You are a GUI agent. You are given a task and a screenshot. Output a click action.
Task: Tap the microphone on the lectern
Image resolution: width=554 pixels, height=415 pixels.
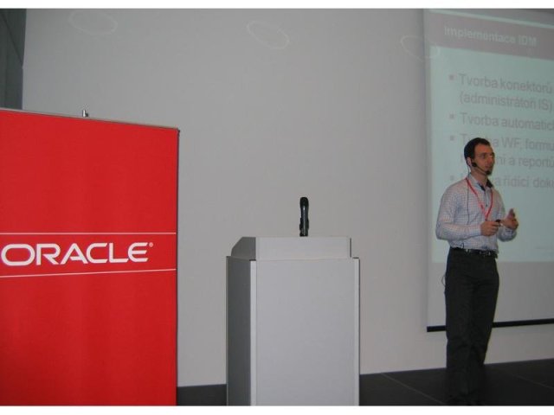tap(304, 214)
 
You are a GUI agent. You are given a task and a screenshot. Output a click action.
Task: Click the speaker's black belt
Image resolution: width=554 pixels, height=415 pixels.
tap(474, 252)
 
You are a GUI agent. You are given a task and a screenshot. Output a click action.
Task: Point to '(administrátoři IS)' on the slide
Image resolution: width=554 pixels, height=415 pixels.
tap(506, 103)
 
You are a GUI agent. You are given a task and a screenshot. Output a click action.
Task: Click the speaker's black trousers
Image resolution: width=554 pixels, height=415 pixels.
tap(472, 320)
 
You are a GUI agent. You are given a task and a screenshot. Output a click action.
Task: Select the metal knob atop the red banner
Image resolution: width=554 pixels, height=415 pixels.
tap(84, 112)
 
